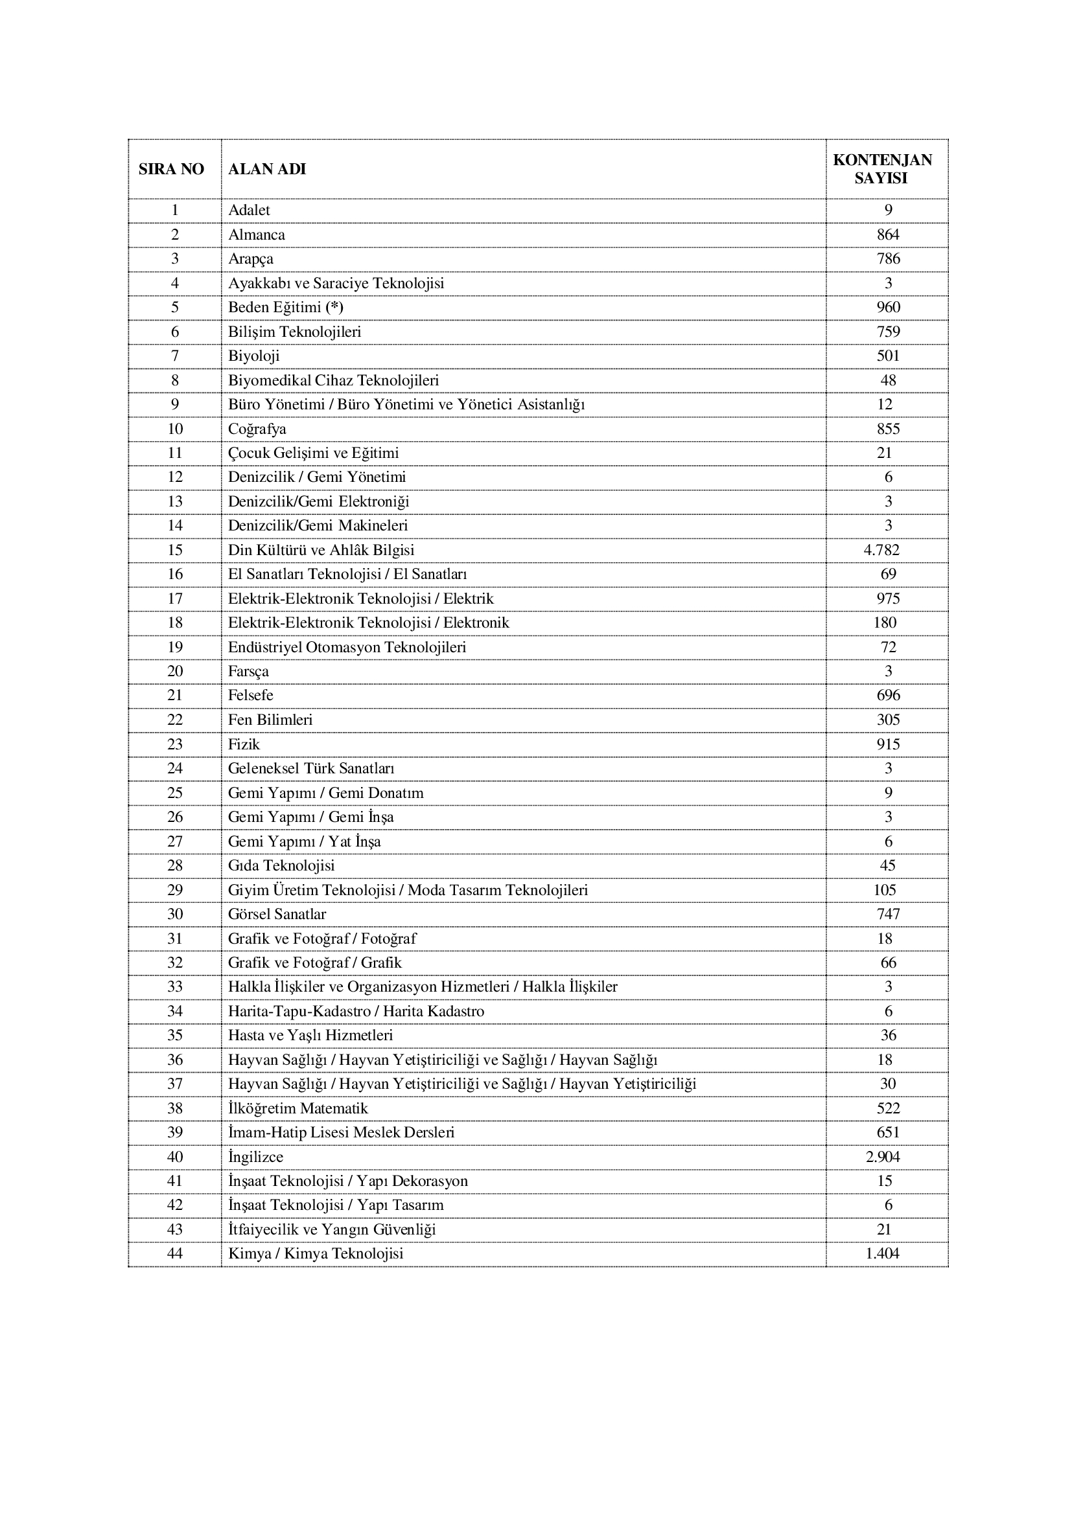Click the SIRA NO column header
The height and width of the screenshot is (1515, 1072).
pos(171,170)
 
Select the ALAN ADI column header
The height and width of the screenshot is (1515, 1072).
pos(266,170)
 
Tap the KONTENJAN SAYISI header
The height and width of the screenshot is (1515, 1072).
pos(882,169)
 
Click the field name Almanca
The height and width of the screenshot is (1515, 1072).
pos(257,235)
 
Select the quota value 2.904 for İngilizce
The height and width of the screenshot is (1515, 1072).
pos(883,1157)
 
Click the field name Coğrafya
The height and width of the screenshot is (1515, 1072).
pos(257,429)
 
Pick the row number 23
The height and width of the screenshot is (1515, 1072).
pos(175,744)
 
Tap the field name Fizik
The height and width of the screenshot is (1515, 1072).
pos(244,744)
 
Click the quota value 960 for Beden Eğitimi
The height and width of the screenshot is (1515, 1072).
pos(888,308)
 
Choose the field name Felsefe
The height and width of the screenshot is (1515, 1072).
pos(251,696)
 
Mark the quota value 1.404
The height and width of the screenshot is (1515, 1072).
pos(882,1254)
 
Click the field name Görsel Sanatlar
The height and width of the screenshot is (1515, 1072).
pos(277,915)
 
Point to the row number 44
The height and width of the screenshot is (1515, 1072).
pos(175,1254)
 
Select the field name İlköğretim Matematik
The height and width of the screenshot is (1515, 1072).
pos(297,1108)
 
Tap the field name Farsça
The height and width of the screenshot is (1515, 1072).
pos(249,672)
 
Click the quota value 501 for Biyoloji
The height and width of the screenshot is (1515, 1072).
pos(888,356)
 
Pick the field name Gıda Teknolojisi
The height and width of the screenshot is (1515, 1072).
pos(281,866)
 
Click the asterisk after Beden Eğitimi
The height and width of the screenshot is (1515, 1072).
pos(334,307)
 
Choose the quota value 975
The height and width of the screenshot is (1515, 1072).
pos(888,598)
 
